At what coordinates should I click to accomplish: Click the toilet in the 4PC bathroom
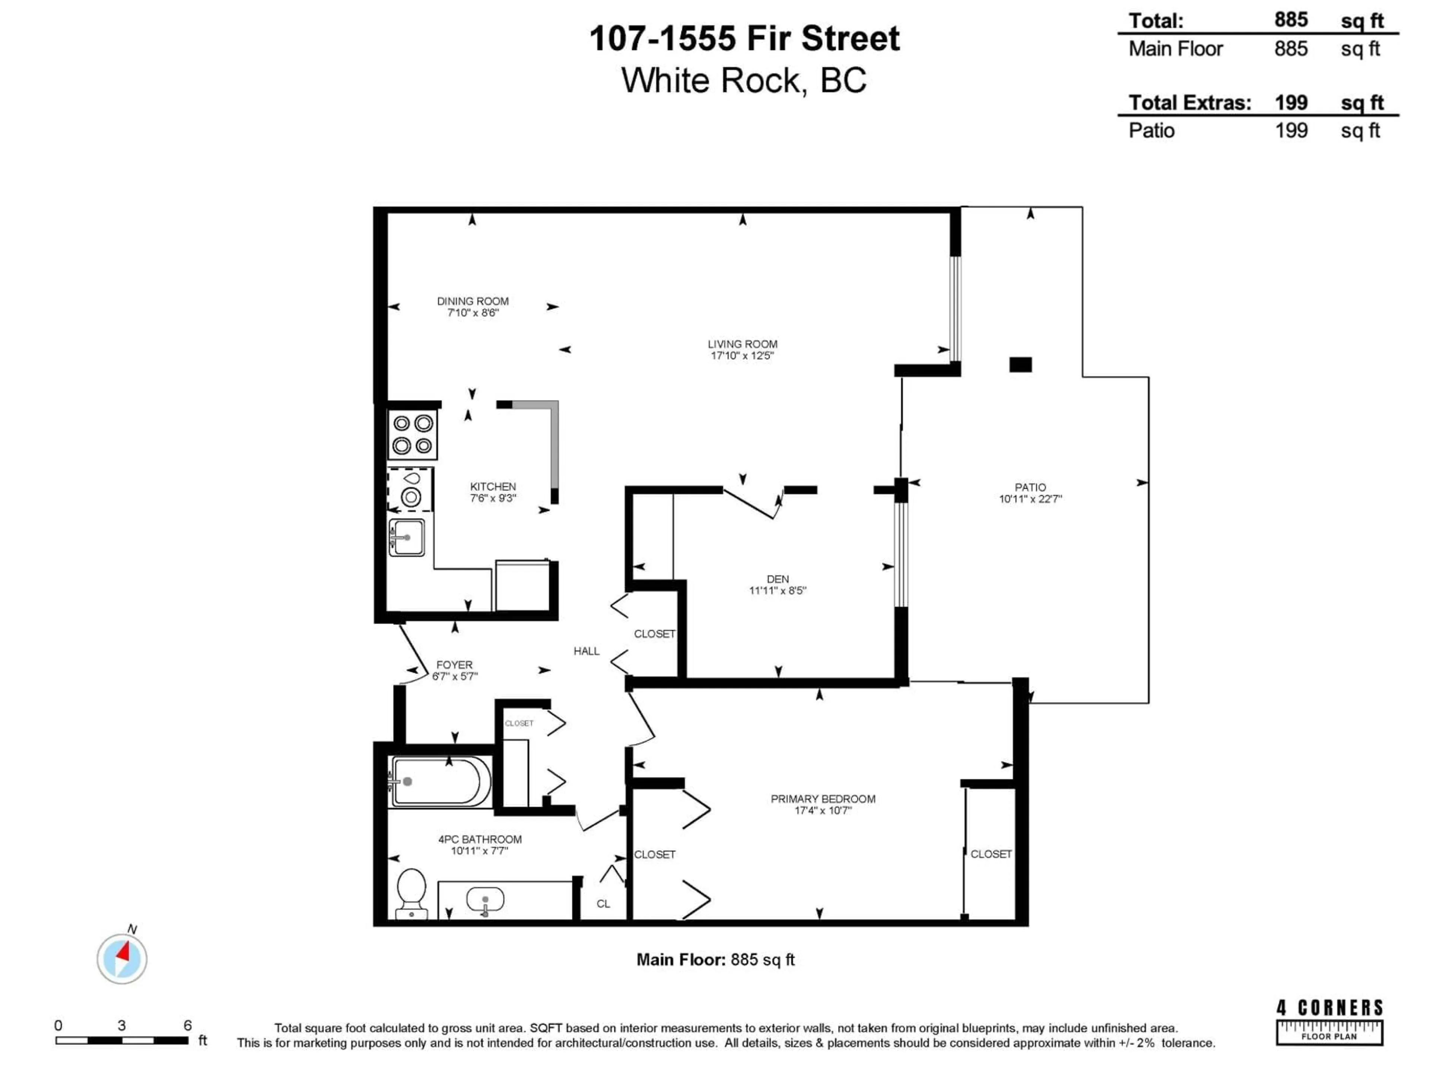411,892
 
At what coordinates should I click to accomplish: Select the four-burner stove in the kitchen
413,435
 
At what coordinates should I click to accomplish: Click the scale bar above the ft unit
121,1040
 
